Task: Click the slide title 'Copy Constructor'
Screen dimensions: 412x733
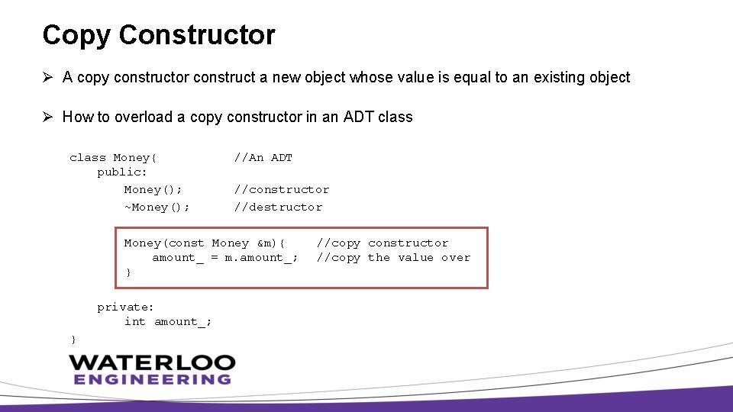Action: [159, 35]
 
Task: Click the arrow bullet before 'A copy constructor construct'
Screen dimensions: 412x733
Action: [47, 77]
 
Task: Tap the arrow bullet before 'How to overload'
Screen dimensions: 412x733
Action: [47, 117]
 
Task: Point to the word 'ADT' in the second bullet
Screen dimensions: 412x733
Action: [359, 117]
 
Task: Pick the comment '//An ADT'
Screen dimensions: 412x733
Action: [263, 158]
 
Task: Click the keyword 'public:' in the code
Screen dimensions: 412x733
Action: [122, 172]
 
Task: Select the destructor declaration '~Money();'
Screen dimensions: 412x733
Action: [157, 208]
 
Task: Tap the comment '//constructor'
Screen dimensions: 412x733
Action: [282, 190]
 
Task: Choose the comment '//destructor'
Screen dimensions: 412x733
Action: [278, 208]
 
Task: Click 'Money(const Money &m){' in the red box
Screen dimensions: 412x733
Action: [205, 243]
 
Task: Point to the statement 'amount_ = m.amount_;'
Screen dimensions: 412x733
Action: [225, 258]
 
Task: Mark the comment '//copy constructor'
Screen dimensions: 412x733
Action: [383, 243]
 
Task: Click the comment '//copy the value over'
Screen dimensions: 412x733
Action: [394, 258]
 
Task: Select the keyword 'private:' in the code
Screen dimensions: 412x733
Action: [125, 307]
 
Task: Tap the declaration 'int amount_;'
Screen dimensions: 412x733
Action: [168, 322]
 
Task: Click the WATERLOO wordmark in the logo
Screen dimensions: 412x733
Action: [152, 362]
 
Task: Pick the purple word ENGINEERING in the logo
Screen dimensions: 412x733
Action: [152, 379]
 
